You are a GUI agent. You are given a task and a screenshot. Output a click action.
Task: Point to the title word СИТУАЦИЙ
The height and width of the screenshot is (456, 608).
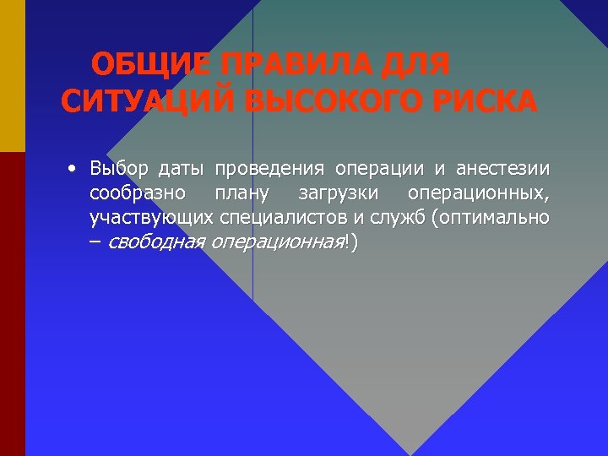(x=147, y=102)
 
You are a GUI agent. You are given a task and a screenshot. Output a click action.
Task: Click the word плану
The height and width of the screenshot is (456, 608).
(x=242, y=193)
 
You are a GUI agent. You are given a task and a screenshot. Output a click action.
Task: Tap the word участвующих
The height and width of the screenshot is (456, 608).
(x=152, y=219)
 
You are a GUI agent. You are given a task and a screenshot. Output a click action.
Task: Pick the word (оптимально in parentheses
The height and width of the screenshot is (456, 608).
(x=491, y=218)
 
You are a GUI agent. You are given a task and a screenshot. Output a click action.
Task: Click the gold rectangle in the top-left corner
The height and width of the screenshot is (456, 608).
(x=13, y=76)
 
